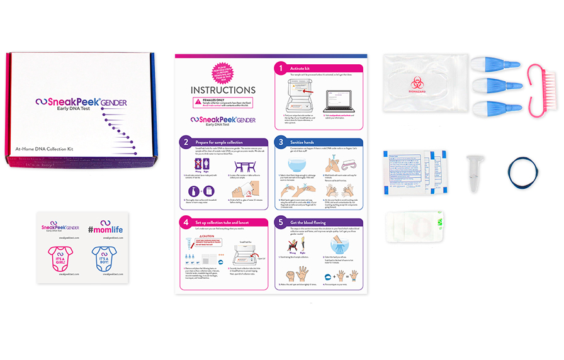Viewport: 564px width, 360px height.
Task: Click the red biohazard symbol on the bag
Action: pyautogui.click(x=417, y=83)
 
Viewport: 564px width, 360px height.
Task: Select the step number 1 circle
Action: pyautogui.click(x=279, y=67)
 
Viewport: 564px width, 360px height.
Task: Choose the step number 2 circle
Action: pyautogui.click(x=186, y=142)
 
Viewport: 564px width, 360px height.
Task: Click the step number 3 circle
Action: pyautogui.click(x=279, y=142)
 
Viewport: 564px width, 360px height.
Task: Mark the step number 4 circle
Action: pyautogui.click(x=186, y=222)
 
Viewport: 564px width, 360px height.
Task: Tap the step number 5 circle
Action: pyautogui.click(x=279, y=222)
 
